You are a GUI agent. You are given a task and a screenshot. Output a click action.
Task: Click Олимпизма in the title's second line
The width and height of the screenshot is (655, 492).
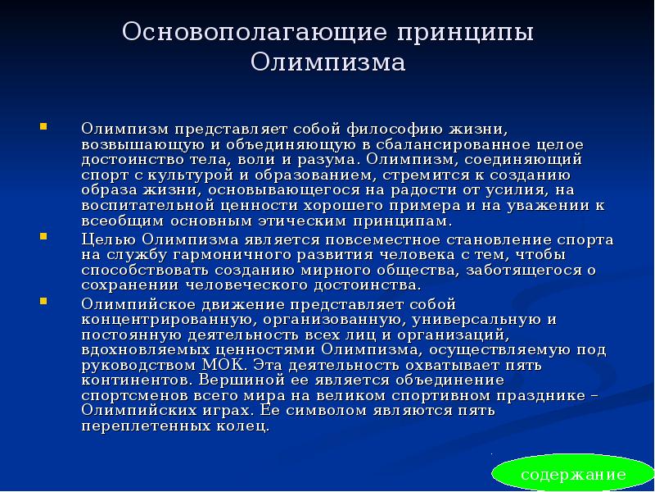pos(327,63)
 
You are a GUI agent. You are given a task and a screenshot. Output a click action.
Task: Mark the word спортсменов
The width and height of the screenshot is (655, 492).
pos(133,396)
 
